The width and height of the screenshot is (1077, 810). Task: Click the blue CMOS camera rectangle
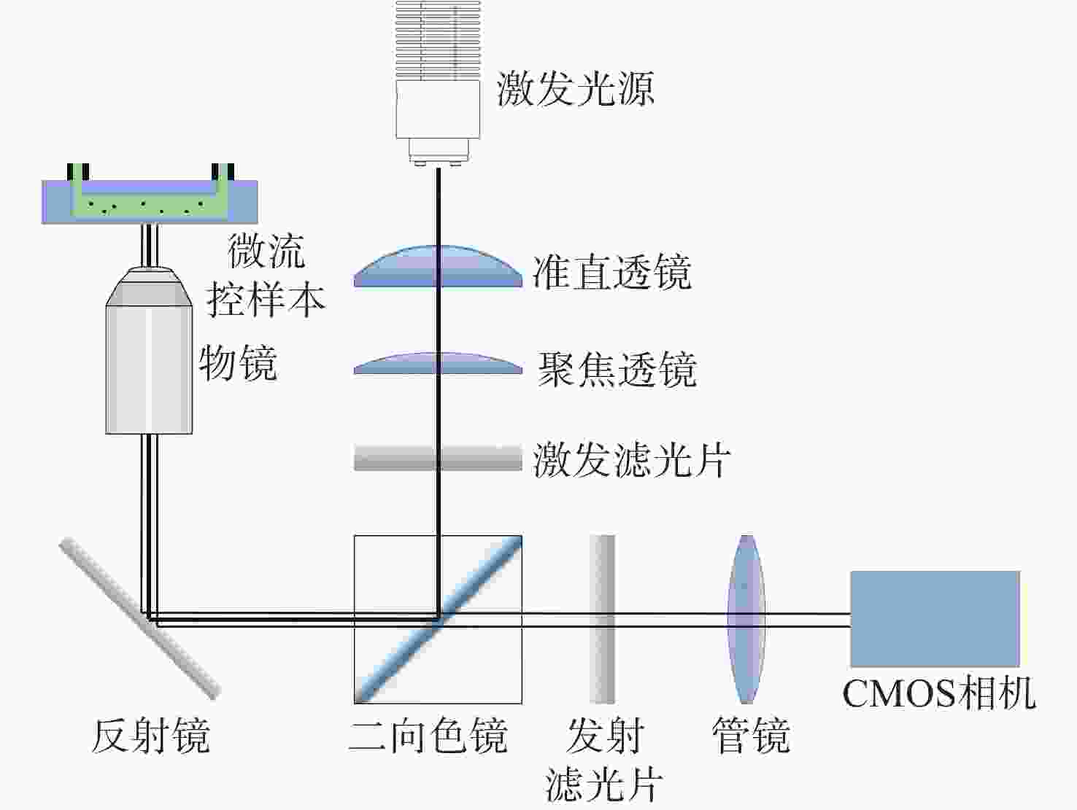[x=935, y=618]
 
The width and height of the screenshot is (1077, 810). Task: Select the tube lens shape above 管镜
[x=746, y=619]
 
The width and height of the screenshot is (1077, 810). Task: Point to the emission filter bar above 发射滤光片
[x=603, y=619]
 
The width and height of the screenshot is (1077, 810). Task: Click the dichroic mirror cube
[x=438, y=619]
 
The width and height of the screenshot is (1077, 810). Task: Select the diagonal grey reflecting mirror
[x=139, y=618]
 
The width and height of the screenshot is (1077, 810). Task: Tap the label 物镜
[x=238, y=362]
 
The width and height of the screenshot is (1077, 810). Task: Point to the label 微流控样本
[x=266, y=275]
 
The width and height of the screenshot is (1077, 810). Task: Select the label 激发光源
[x=575, y=89]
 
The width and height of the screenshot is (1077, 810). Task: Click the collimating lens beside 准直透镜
[x=438, y=267]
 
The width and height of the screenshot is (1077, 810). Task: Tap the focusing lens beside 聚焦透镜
[x=438, y=364]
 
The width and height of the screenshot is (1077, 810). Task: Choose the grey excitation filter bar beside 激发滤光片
[x=438, y=459]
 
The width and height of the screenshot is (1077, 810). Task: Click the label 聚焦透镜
[x=617, y=369]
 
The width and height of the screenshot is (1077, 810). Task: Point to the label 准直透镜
[x=611, y=273]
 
